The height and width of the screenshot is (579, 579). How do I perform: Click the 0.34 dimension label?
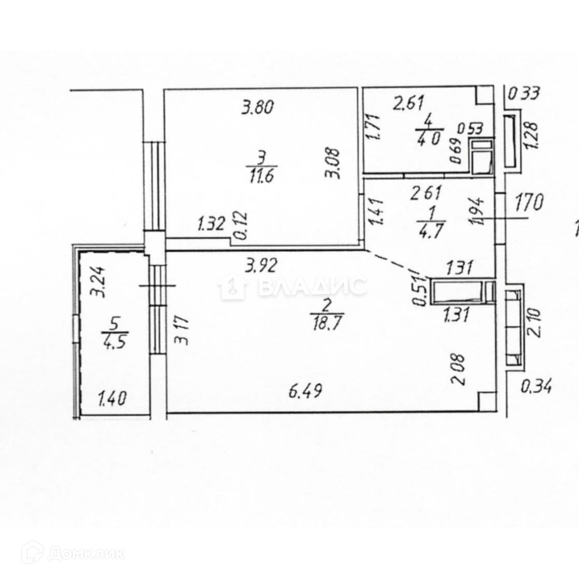tap(536, 387)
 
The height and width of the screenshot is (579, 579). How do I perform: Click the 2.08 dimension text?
tap(458, 370)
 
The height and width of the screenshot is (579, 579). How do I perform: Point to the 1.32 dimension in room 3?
tap(211, 223)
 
